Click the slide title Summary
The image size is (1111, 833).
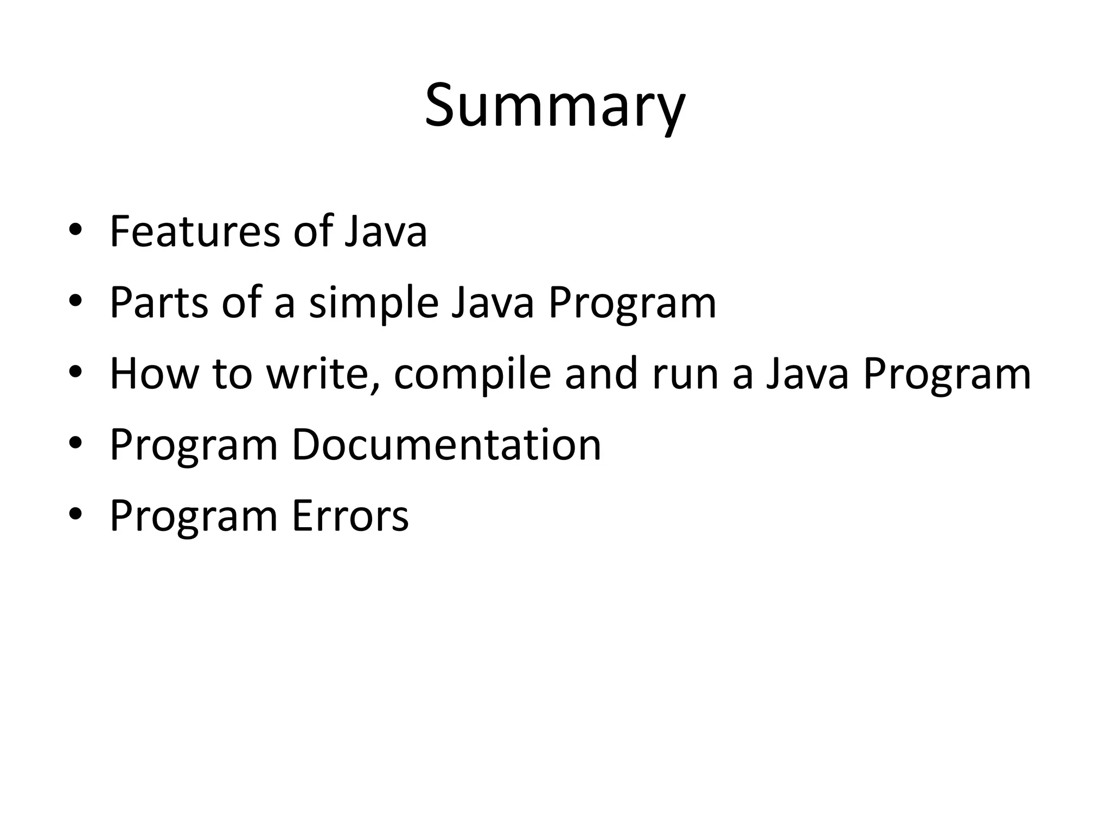pyautogui.click(x=555, y=106)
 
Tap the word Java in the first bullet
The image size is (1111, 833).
pyautogui.click(x=386, y=232)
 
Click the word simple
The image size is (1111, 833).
pyautogui.click(x=373, y=303)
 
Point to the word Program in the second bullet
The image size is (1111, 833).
pyautogui.click(x=632, y=303)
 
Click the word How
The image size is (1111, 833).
pyautogui.click(x=154, y=374)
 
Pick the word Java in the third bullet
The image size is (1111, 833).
pyautogui.click(x=807, y=374)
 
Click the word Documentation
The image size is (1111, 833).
pyautogui.click(x=446, y=445)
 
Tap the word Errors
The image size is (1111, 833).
pyautogui.click(x=350, y=516)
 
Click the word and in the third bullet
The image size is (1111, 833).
pyautogui.click(x=601, y=374)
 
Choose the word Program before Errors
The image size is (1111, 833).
pyautogui.click(x=194, y=516)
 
